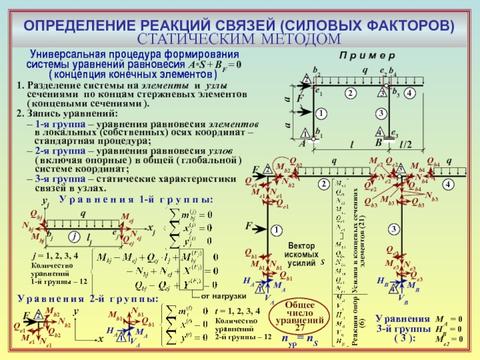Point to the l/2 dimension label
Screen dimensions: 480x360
pos(406,145)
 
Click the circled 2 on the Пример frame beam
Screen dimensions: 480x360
pos(349,92)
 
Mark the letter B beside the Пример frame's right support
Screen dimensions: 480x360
pos(379,145)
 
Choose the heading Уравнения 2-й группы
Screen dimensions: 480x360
pos(89,298)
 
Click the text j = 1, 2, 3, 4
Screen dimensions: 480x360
pos(55,255)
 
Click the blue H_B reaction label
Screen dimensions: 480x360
pos(382,280)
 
